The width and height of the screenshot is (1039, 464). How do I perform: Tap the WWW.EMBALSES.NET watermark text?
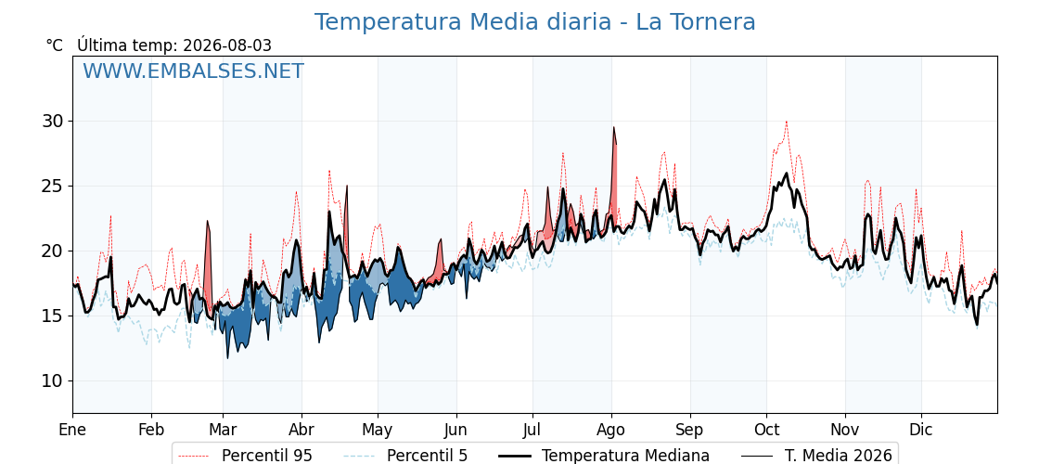[x=194, y=71]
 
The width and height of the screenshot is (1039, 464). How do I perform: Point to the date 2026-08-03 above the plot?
[x=226, y=45]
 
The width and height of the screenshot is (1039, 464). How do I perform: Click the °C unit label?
[x=55, y=45]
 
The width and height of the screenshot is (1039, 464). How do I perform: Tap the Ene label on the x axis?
[x=73, y=430]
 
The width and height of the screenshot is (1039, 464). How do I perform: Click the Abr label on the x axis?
[x=301, y=430]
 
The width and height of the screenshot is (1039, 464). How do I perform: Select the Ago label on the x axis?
[x=611, y=430]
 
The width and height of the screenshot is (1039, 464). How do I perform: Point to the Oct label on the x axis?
[x=766, y=430]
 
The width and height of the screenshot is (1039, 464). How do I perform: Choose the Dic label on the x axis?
[x=921, y=430]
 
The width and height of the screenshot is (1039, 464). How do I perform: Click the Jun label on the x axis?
[x=455, y=430]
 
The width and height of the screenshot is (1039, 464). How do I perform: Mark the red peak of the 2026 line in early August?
[x=613, y=127]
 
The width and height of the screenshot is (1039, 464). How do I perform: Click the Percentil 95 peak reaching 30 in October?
[x=786, y=122]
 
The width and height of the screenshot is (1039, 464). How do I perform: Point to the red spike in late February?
[x=208, y=222]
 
